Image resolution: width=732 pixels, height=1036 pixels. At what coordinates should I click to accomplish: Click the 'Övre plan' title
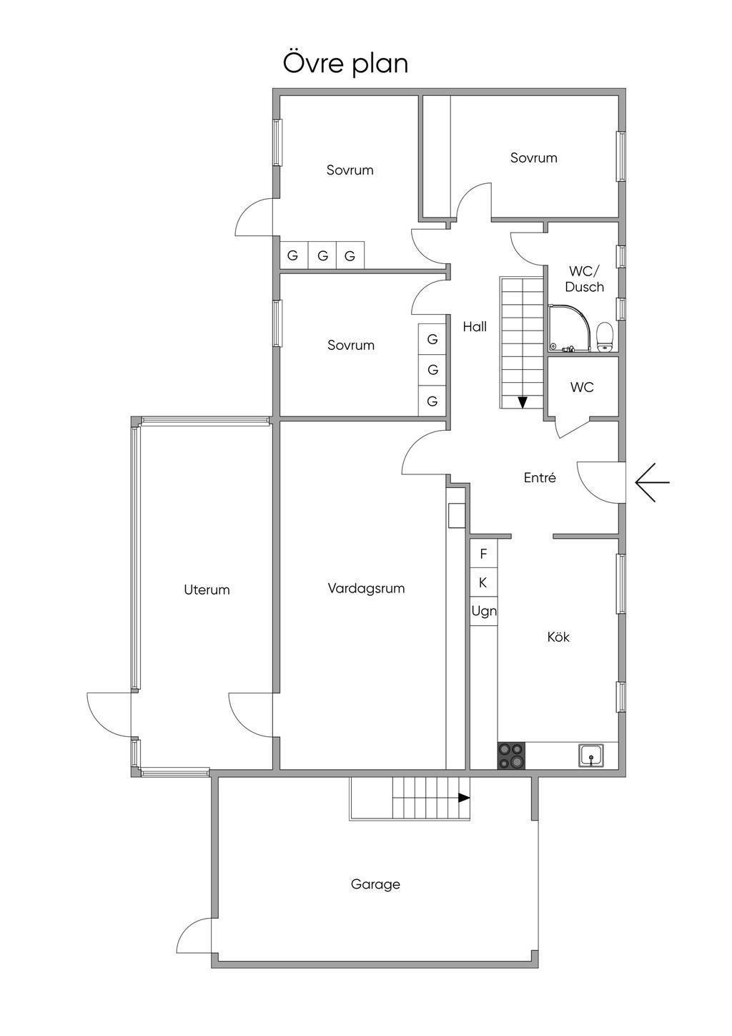pos(345,63)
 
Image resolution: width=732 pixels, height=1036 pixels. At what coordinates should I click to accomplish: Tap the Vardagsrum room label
pos(366,589)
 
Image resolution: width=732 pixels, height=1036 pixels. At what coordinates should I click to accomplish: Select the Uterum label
pos(207,590)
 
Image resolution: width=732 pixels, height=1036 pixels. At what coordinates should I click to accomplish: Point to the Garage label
pos(375,884)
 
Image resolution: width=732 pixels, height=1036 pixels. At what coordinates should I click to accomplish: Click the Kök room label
pos(558,637)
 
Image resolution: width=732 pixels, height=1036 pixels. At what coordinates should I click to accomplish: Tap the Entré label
pos(540,478)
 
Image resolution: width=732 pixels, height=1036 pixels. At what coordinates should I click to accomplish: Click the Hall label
pos(475,327)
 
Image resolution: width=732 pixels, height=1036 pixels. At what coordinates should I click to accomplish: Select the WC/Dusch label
pos(585,279)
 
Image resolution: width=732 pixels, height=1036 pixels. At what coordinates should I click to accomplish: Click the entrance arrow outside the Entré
pos(651,483)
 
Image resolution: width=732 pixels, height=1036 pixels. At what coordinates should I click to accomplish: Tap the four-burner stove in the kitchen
pos(512,756)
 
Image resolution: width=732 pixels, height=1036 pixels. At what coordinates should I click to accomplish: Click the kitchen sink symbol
pos(591,756)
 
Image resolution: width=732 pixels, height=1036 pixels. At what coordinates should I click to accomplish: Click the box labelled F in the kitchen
pos(483,554)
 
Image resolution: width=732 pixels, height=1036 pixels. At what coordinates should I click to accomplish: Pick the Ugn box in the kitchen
pos(484,612)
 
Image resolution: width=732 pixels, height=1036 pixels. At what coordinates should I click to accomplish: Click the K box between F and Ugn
pos(483,583)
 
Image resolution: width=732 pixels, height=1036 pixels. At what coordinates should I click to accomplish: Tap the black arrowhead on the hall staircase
pos(523,402)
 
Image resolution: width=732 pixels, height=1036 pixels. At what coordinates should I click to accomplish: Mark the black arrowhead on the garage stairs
pos(464,797)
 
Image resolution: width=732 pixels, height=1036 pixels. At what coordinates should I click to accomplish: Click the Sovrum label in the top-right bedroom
pos(533,158)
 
